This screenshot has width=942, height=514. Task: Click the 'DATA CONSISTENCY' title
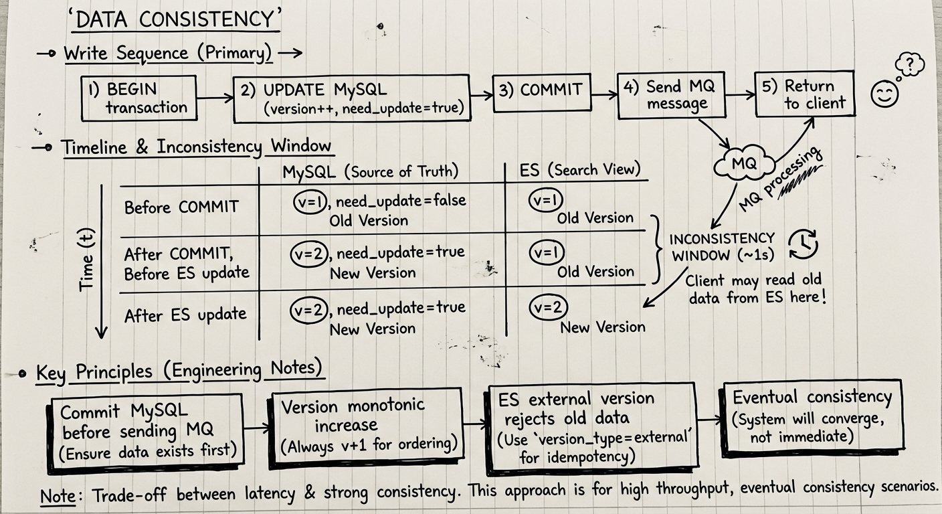point(175,21)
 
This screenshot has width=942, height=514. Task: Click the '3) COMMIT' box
point(542,92)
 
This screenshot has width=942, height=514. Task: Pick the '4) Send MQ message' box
point(670,95)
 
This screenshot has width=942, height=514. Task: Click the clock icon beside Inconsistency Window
point(803,245)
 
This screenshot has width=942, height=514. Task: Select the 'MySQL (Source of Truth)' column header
point(370,171)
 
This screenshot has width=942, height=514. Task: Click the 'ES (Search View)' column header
point(579,170)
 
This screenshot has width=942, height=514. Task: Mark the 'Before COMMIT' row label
point(181,207)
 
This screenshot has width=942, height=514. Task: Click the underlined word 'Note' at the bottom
point(57,496)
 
